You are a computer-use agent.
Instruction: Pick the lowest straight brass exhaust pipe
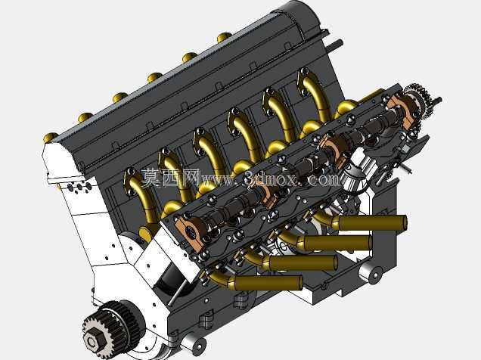266,282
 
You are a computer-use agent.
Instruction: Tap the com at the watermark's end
324,179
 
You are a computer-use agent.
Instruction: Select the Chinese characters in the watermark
170,178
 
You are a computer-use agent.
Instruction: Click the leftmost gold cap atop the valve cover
51,137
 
